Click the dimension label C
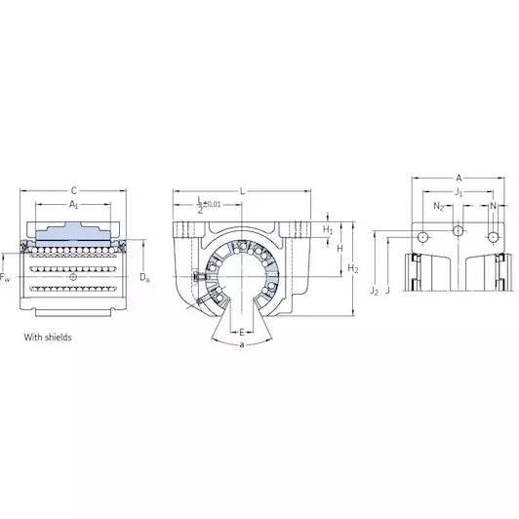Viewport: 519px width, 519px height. pyautogui.click(x=74, y=190)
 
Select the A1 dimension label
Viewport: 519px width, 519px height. pyautogui.click(x=73, y=205)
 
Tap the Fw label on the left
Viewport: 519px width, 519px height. pyautogui.click(x=5, y=278)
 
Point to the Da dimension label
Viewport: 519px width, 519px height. pyautogui.click(x=144, y=277)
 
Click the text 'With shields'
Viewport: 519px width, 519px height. pyautogui.click(x=48, y=338)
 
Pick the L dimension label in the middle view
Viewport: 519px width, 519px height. pyautogui.click(x=242, y=191)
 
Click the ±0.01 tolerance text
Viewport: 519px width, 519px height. pyautogui.click(x=212, y=204)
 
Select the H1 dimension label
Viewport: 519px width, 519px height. pyautogui.click(x=328, y=229)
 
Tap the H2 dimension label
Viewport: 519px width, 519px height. pyautogui.click(x=353, y=269)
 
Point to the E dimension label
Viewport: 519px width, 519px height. pyautogui.click(x=242, y=332)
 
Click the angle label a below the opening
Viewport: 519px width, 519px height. pyautogui.click(x=242, y=345)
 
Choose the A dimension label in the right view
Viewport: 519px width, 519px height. pyautogui.click(x=459, y=179)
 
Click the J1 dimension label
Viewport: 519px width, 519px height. pyautogui.click(x=459, y=192)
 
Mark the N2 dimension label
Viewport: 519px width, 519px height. pyautogui.click(x=438, y=206)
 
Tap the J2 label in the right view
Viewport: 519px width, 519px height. pyautogui.click(x=375, y=291)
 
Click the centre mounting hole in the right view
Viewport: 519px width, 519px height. pyautogui.click(x=459, y=230)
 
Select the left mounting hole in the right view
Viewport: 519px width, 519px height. pyautogui.click(x=423, y=237)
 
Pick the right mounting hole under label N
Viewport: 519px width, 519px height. pyautogui.click(x=494, y=237)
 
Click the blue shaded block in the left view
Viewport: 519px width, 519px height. pyautogui.click(x=73, y=234)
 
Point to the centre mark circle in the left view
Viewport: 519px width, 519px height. pyautogui.click(x=73, y=276)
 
